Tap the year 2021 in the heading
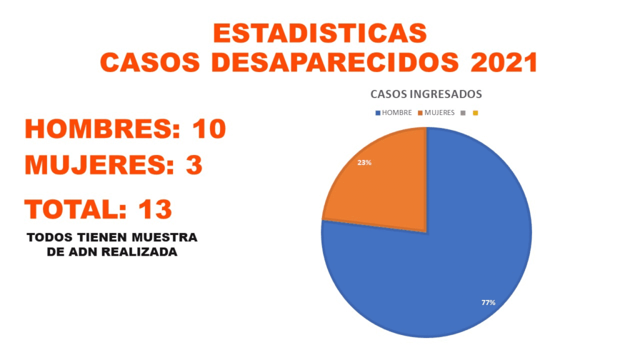coord(504,62)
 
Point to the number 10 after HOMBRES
coord(209,129)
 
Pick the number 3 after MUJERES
coord(194,166)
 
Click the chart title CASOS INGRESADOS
coord(426,94)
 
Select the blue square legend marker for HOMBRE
coord(377,113)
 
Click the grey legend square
coord(463,113)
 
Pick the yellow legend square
coord(476,113)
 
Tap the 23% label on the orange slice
coord(364,162)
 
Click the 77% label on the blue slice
coord(488,302)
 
